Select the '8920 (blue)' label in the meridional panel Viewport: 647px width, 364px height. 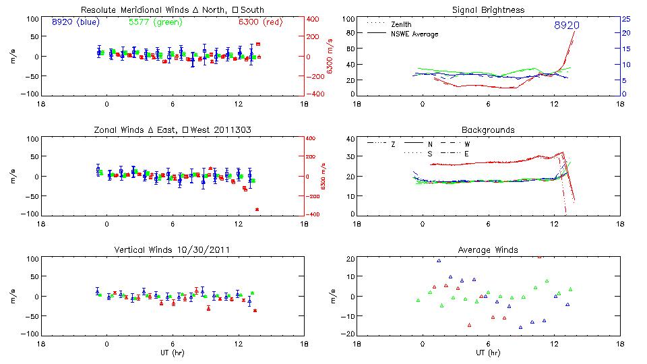(x=75, y=22)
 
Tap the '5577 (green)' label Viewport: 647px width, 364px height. (x=153, y=22)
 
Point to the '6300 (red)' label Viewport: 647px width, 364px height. (x=260, y=22)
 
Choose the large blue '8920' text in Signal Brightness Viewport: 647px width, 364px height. (x=566, y=26)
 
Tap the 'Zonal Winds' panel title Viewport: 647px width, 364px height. (x=173, y=129)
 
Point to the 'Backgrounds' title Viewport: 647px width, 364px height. (x=488, y=129)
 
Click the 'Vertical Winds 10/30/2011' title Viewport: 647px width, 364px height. (x=173, y=250)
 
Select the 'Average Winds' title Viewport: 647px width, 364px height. (x=488, y=250)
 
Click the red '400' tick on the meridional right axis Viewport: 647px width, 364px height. (x=313, y=19)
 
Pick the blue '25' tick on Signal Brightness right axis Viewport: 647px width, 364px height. (x=625, y=19)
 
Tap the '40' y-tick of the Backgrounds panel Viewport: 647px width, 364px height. (x=350, y=140)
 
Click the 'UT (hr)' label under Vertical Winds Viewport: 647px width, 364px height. (x=173, y=353)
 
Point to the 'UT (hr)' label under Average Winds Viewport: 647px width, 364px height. (x=488, y=353)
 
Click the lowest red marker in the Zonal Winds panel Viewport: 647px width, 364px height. (x=257, y=210)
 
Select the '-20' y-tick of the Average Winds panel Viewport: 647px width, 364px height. (x=348, y=334)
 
